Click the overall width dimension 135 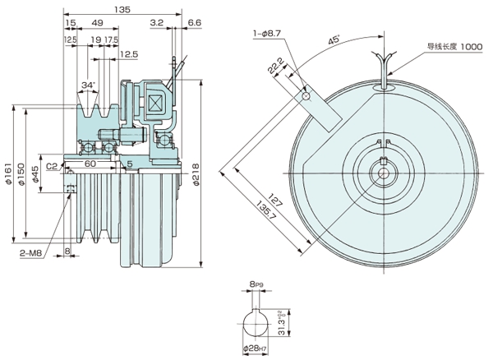pos(122,11)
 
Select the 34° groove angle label pos(90,85)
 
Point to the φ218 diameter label pos(197,173)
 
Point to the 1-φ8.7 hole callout pos(269,34)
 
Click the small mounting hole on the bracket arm pos(305,96)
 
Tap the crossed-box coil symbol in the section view pos(154,104)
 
